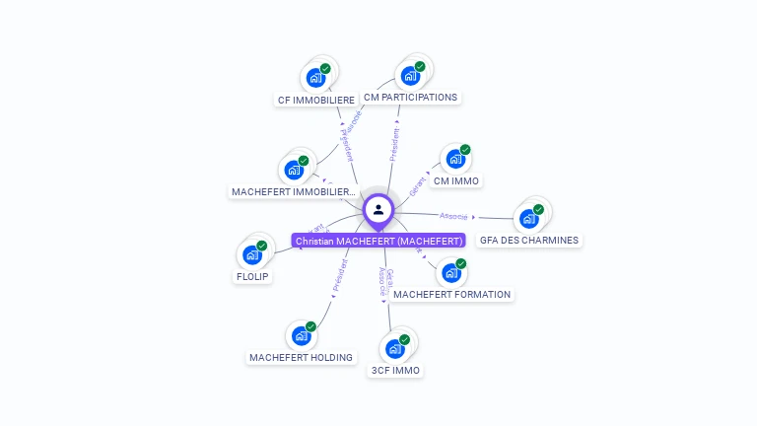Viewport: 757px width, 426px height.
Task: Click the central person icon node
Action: (x=378, y=209)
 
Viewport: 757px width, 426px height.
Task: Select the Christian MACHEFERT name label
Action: (x=378, y=241)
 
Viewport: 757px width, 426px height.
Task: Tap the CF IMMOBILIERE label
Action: (x=316, y=100)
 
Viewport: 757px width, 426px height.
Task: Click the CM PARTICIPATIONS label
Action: (x=410, y=98)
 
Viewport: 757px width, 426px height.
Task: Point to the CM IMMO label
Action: (x=456, y=181)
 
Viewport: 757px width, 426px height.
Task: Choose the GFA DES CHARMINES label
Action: (x=529, y=240)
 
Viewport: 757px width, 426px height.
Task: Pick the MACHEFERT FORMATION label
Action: (x=451, y=294)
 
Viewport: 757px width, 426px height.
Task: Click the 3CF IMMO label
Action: (x=395, y=371)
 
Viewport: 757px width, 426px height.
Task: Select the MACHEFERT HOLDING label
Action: (x=301, y=357)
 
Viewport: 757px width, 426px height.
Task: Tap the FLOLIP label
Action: (x=252, y=277)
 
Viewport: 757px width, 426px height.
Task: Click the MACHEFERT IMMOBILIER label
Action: (x=293, y=191)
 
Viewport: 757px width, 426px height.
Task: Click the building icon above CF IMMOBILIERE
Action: (x=315, y=77)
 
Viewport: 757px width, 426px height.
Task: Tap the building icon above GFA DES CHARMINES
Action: (x=529, y=218)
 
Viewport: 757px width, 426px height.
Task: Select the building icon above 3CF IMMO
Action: (x=395, y=348)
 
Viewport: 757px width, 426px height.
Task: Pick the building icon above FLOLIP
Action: (x=252, y=254)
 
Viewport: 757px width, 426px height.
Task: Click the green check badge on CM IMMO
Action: (x=465, y=150)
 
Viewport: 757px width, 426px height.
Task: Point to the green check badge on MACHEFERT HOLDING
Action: (x=310, y=326)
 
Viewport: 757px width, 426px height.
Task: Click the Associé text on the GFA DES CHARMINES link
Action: (x=454, y=216)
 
